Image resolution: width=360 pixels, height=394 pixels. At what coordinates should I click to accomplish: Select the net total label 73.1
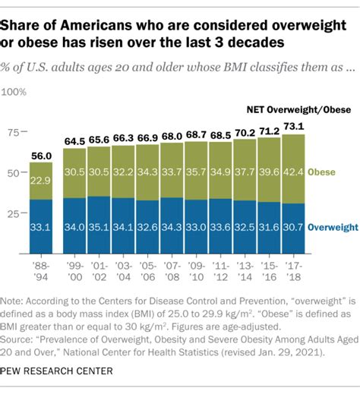click(x=293, y=127)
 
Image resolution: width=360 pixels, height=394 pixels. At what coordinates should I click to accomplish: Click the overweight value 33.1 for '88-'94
click(x=42, y=227)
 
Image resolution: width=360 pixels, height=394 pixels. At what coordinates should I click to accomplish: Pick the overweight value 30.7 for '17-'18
click(x=293, y=227)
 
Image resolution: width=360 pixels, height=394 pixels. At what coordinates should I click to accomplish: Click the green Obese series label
click(x=327, y=172)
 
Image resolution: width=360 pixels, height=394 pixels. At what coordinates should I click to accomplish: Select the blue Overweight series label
click(x=332, y=227)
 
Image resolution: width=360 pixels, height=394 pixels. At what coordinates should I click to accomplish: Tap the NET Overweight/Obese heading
click(x=297, y=109)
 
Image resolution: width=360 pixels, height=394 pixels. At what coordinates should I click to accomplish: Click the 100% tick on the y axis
click(x=16, y=92)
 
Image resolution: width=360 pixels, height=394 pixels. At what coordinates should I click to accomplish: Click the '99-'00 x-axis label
click(x=74, y=270)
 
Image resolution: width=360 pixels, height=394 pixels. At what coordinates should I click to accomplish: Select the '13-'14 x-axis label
click(x=244, y=270)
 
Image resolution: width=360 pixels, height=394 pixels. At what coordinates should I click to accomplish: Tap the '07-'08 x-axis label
click(x=172, y=270)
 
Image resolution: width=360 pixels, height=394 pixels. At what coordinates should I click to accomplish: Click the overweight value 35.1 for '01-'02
click(x=99, y=227)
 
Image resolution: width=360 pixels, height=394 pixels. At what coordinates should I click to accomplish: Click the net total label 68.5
click(x=220, y=134)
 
